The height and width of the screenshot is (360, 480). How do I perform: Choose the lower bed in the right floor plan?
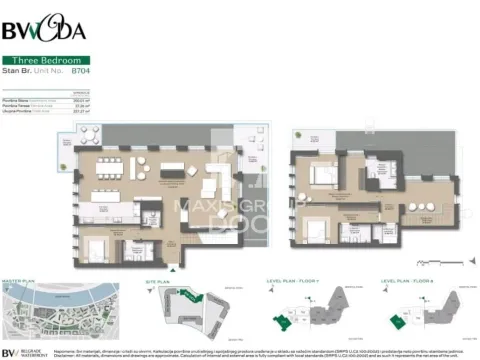316,230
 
